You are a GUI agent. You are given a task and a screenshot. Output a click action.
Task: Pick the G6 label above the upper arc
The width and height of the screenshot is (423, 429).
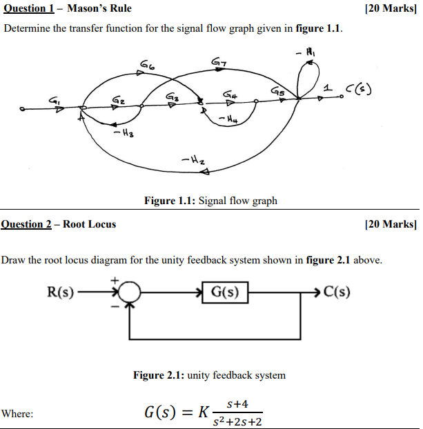147,65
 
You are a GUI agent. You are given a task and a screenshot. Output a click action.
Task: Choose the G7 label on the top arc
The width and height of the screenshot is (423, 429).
217,64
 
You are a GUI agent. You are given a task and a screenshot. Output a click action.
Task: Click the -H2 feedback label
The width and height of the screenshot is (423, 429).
191,161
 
